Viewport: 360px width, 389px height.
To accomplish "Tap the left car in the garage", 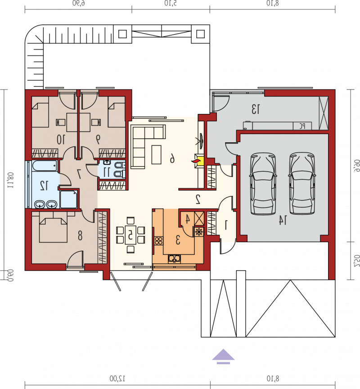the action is click(x=263, y=183).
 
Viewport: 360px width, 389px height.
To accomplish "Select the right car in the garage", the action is click(x=302, y=183).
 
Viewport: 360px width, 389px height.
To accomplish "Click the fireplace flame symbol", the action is click(x=195, y=161).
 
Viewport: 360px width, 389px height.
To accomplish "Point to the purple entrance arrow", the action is click(x=223, y=357).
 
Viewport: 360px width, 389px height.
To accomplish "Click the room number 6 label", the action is click(x=172, y=158).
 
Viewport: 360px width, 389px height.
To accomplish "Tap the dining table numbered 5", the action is click(x=130, y=235).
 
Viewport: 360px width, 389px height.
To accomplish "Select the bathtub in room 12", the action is click(x=45, y=166).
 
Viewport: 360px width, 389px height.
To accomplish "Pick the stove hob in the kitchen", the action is click(x=159, y=240).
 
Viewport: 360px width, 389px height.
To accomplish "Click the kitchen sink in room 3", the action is click(x=175, y=259).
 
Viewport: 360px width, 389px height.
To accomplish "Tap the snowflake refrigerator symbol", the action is click(x=198, y=232).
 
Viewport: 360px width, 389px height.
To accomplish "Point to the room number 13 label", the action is click(x=256, y=109).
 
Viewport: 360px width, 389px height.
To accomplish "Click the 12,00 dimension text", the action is click(x=117, y=378).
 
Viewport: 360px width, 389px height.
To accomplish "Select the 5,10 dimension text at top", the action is click(x=171, y=3).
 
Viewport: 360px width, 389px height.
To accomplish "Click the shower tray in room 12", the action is click(x=69, y=199).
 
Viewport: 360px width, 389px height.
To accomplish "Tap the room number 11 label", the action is click(x=107, y=172).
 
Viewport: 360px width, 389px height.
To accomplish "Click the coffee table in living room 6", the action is click(x=156, y=154).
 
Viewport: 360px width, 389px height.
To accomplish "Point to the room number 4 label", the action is click(x=188, y=219).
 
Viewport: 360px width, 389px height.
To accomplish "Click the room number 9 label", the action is click(x=98, y=139).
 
